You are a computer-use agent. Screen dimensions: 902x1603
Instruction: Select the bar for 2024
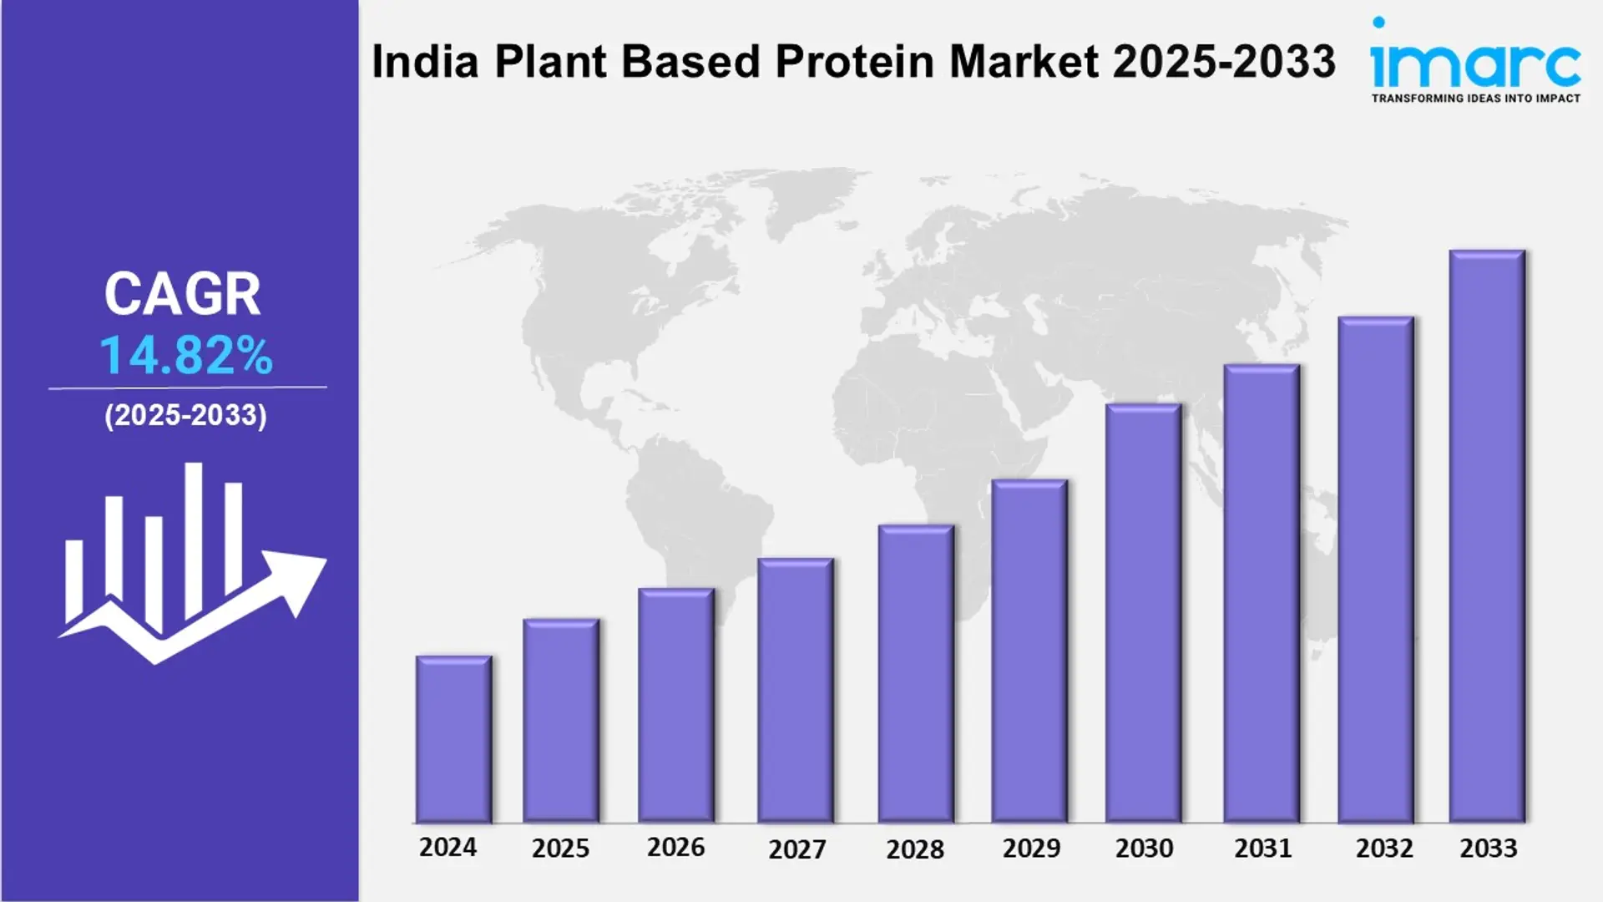453,739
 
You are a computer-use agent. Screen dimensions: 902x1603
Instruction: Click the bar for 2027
795,690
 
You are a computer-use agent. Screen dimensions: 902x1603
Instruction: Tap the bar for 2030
1143,613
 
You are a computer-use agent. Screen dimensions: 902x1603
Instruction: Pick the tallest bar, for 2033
1487,536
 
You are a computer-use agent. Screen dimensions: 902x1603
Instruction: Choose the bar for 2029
1029,651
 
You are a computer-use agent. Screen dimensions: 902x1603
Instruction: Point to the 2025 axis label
560,849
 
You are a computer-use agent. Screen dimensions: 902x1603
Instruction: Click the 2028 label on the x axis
915,849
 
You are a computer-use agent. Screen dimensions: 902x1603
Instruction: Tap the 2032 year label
1384,849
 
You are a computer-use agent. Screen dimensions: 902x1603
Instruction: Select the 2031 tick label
1263,849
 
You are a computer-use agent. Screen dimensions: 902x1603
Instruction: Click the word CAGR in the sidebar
182,294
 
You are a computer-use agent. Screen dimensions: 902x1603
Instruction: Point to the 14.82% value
186,356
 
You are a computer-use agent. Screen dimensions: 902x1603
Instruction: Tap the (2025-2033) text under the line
185,415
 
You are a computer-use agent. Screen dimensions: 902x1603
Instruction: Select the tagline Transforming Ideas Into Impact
1475,99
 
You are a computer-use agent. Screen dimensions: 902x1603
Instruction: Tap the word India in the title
425,62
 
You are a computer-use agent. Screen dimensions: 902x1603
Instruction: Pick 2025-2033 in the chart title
1224,62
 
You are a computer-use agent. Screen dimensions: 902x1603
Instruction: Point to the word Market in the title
1024,62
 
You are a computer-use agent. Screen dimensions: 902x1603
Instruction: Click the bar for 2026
675,706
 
